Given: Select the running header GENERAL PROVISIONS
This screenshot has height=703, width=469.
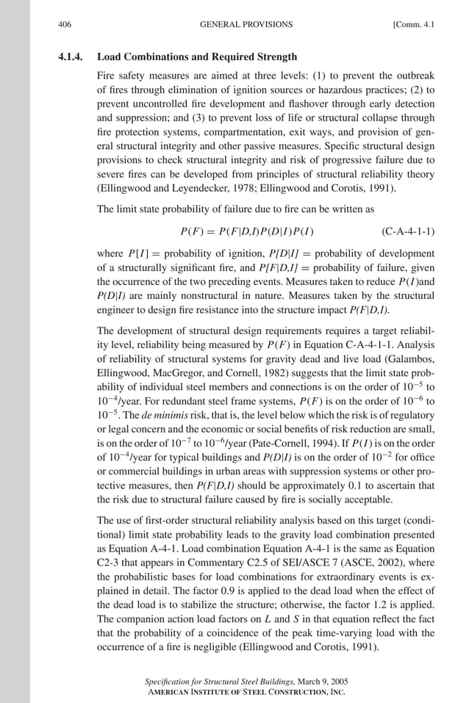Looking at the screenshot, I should [246, 24].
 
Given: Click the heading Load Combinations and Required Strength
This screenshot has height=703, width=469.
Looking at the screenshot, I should [197, 57].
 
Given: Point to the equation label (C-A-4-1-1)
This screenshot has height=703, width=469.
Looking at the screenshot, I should [408, 233].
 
